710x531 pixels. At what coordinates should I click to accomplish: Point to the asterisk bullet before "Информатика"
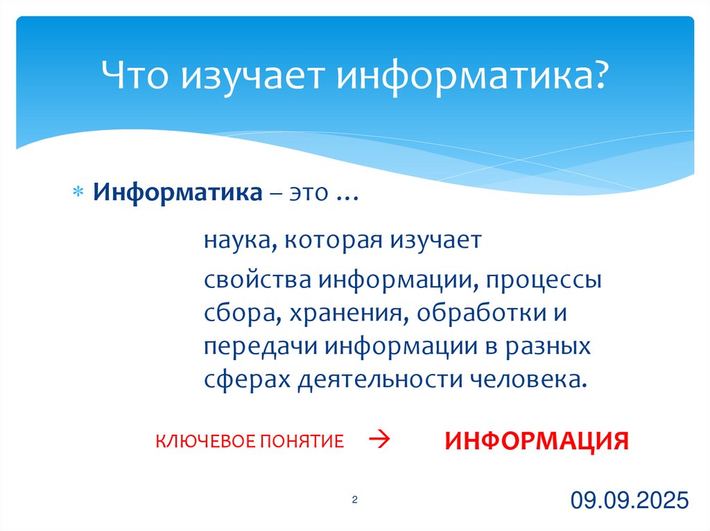pyautogui.click(x=78, y=192)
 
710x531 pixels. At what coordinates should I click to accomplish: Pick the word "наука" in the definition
pyautogui.click(x=235, y=241)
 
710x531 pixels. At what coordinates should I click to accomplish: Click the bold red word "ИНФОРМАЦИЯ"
pyautogui.click(x=537, y=441)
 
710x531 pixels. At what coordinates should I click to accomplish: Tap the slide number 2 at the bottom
pyautogui.click(x=354, y=500)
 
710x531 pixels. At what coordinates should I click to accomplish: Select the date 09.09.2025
pyautogui.click(x=630, y=500)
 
